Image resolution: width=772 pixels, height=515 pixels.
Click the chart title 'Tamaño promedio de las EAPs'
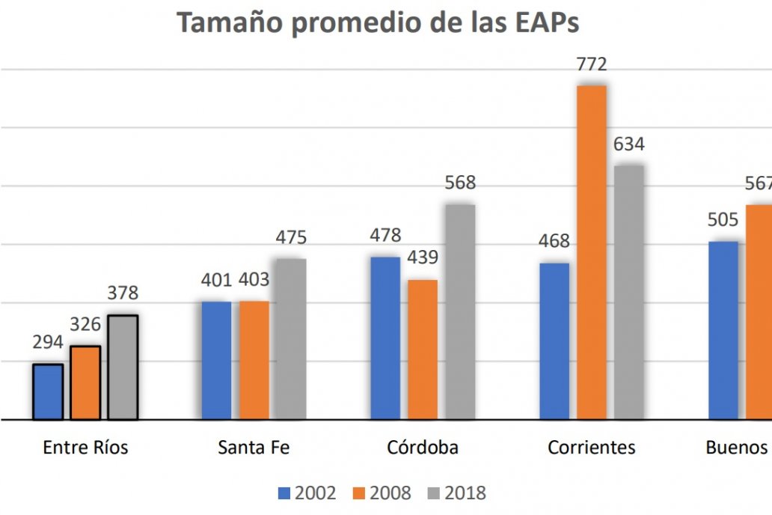[378, 23]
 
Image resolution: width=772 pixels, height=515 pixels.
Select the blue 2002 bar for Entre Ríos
[48, 391]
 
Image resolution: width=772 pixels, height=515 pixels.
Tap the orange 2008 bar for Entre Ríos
[85, 383]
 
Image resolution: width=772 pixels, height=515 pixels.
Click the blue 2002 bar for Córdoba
[385, 338]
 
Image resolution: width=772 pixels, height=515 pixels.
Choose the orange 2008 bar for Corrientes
[591, 252]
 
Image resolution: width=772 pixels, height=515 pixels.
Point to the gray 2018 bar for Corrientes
[628, 292]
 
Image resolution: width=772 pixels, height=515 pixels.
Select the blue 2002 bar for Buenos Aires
[723, 330]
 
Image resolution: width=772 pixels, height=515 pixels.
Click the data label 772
[591, 65]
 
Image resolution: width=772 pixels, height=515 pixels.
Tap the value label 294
[48, 343]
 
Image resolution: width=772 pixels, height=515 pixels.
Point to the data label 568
[460, 183]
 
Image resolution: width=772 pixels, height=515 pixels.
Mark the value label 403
[254, 281]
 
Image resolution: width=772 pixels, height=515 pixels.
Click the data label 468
[554, 242]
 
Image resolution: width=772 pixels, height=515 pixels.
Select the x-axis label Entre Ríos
[85, 448]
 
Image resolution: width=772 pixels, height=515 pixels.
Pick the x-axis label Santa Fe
[254, 448]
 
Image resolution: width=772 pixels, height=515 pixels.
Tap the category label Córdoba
[423, 448]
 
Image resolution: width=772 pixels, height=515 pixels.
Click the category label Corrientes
[591, 448]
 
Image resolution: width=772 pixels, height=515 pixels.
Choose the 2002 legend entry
[307, 493]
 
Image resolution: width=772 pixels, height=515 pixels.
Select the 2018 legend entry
[457, 493]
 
